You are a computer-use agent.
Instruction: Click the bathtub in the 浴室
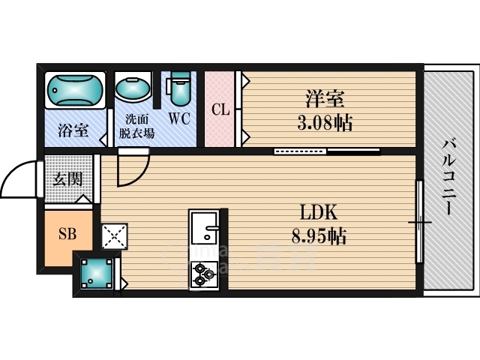pyautogui.click(x=75, y=90)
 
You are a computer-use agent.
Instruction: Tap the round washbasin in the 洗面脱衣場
pyautogui.click(x=133, y=88)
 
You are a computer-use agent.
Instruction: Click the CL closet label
pyautogui.click(x=220, y=109)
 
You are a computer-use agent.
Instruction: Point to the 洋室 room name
pyautogui.click(x=325, y=98)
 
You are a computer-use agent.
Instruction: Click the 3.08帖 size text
pyautogui.click(x=325, y=122)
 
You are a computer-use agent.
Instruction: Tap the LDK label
pyautogui.click(x=319, y=212)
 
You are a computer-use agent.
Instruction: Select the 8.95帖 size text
pyautogui.click(x=319, y=236)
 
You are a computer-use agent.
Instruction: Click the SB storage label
pyautogui.click(x=67, y=234)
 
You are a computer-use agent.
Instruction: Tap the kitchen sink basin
pyautogui.click(x=204, y=227)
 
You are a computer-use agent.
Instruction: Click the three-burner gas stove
pyautogui.click(x=204, y=274)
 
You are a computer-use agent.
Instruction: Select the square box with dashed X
pyautogui.click(x=115, y=236)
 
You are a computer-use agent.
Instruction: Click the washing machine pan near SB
pyautogui.click(x=97, y=273)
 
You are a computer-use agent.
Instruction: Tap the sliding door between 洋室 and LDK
pyautogui.click(x=327, y=151)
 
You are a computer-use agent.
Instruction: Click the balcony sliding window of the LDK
pyautogui.click(x=419, y=222)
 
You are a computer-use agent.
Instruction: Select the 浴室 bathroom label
pyautogui.click(x=73, y=130)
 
